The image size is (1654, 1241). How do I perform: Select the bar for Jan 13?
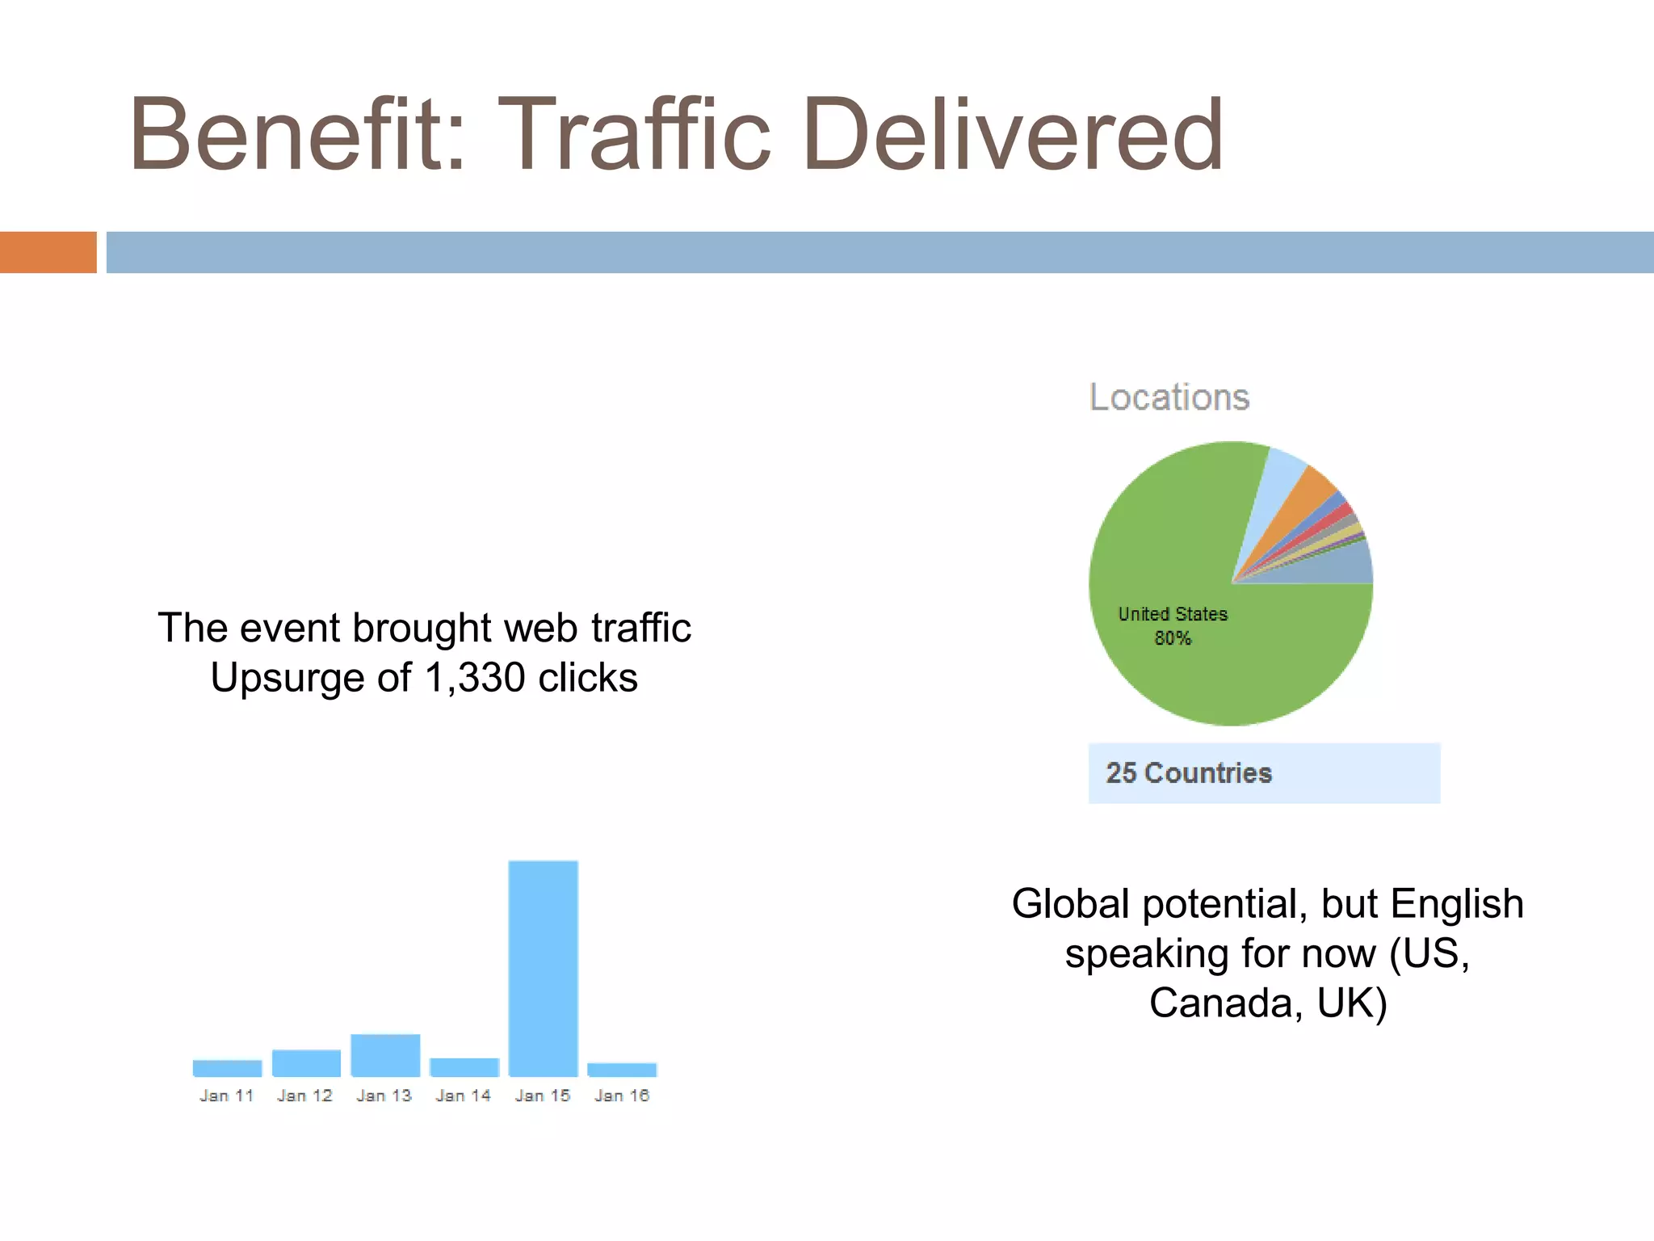[x=385, y=1055]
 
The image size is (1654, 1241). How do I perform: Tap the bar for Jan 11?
[x=227, y=1068]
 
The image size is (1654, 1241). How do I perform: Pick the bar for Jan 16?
[x=622, y=1070]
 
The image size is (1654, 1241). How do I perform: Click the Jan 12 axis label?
[x=304, y=1096]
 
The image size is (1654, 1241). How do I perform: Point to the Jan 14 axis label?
[x=464, y=1096]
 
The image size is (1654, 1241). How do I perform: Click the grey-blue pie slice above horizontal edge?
[x=1345, y=565]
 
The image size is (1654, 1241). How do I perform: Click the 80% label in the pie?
[x=1173, y=638]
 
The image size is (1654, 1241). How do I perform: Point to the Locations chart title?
[x=1169, y=398]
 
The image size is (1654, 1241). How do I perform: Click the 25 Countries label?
[x=1189, y=773]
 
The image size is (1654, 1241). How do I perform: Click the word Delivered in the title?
[x=1013, y=134]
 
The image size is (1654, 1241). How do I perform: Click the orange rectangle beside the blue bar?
[x=48, y=252]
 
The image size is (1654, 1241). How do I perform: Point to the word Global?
[x=1070, y=903]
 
